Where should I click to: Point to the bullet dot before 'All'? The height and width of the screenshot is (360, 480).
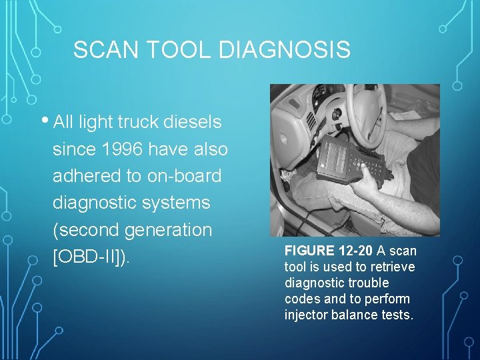pyautogui.click(x=46, y=121)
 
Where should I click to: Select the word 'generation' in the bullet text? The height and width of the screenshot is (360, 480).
pyautogui.click(x=172, y=229)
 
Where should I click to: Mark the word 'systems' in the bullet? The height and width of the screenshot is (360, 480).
pyautogui.click(x=179, y=203)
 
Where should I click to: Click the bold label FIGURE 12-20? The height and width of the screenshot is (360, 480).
pyautogui.click(x=329, y=251)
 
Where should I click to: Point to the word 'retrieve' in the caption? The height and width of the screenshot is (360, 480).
pyautogui.click(x=393, y=267)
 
